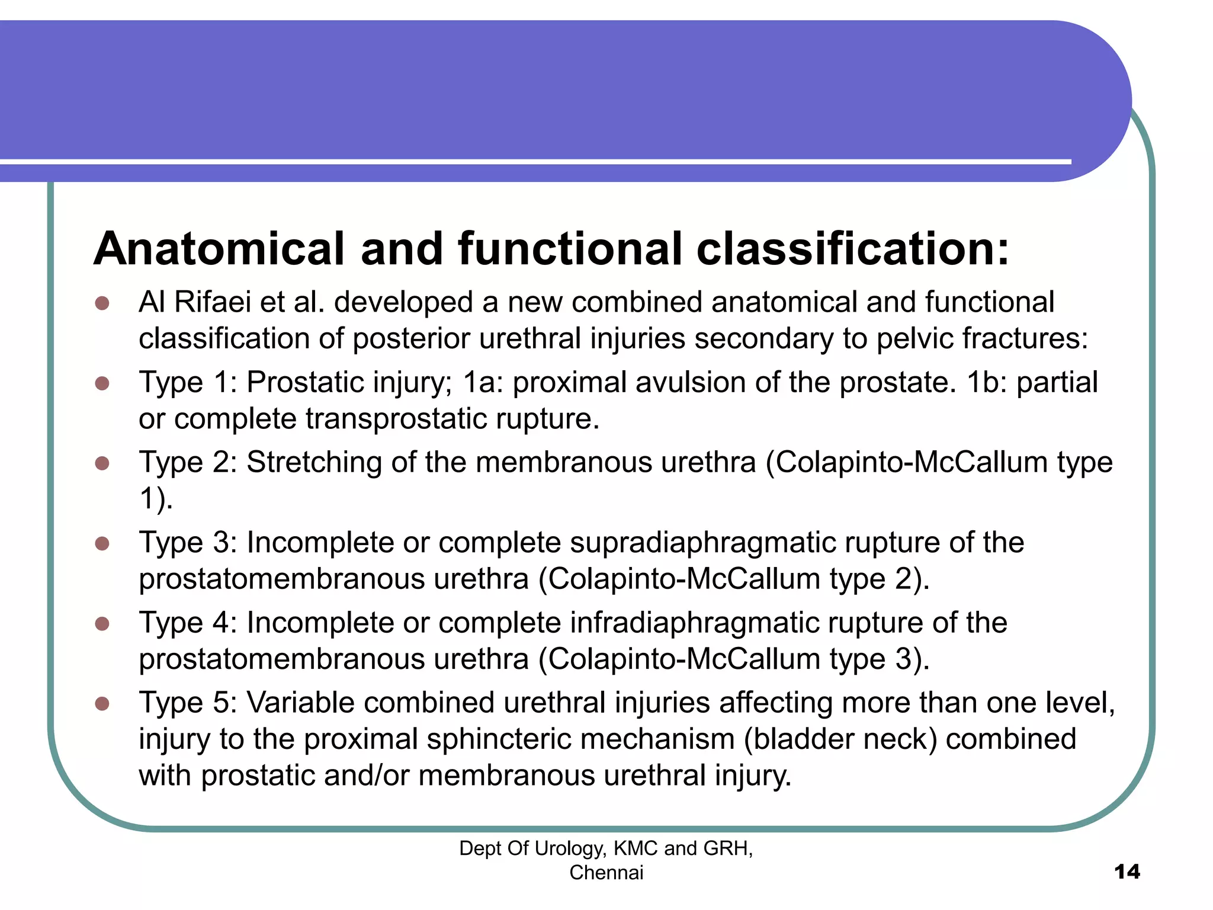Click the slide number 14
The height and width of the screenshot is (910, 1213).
coord(1127,871)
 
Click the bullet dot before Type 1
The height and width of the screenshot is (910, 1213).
coord(102,383)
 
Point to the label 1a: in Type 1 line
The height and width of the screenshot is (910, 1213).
coord(483,382)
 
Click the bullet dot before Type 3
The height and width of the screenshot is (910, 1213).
coord(102,543)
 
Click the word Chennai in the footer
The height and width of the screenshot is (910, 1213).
coord(606,873)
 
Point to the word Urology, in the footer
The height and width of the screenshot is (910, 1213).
coord(570,849)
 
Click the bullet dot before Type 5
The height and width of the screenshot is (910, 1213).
coord(102,704)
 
